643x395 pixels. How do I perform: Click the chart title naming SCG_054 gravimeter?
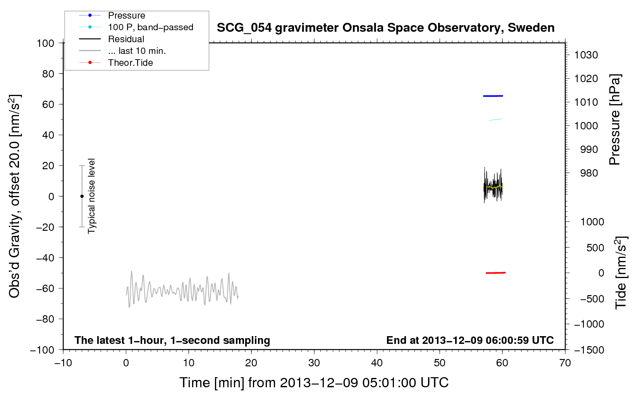(x=385, y=28)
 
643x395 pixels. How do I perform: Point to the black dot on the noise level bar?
(x=82, y=196)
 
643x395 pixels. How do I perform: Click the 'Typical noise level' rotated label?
(x=91, y=196)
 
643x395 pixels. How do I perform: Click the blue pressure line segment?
(x=493, y=96)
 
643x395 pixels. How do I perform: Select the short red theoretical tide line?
(x=495, y=273)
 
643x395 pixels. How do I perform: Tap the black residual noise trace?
(x=493, y=185)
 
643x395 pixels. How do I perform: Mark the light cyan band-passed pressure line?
(x=495, y=119)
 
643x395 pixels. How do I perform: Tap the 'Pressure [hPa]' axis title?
(x=615, y=120)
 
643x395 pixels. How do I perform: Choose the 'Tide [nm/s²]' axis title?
(x=621, y=273)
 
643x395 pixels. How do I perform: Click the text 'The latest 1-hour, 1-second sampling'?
(x=172, y=340)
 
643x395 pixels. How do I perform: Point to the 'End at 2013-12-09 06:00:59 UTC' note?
(x=470, y=340)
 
